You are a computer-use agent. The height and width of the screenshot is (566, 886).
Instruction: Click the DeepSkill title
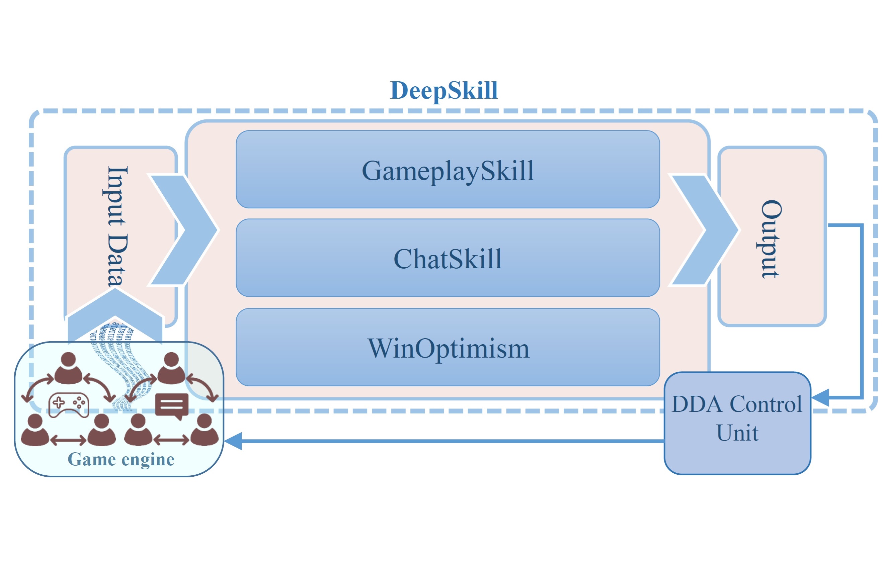tap(444, 90)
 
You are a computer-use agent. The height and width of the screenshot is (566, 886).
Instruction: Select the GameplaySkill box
tap(448, 170)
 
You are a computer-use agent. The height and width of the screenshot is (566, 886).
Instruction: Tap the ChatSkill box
tap(448, 258)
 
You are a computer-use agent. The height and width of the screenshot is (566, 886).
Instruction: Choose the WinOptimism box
tap(448, 348)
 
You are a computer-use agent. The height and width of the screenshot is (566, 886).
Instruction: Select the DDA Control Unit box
tap(737, 423)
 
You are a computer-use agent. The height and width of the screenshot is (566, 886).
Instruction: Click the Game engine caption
tap(121, 459)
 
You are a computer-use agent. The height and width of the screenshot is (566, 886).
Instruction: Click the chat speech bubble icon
tap(172, 406)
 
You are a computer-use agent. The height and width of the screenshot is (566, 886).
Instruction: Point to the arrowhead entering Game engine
tap(233, 441)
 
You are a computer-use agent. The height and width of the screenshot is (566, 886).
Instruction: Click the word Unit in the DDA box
tap(737, 433)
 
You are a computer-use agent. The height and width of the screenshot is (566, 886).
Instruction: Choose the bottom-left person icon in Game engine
tap(35, 430)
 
